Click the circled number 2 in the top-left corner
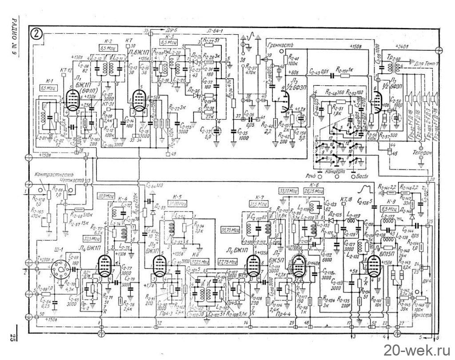(37, 34)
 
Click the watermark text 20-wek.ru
(416, 347)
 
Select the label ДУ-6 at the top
(173, 30)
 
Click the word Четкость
(74, 181)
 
